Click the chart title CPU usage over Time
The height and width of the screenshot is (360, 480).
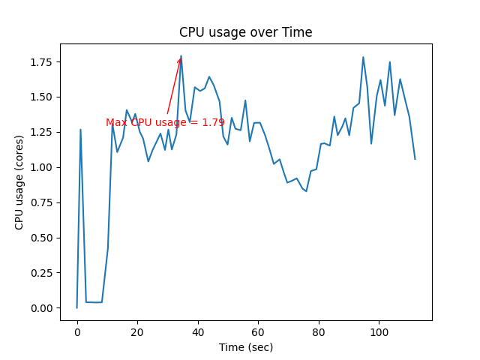[x=245, y=32]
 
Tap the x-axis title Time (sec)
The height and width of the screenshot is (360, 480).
[x=245, y=347]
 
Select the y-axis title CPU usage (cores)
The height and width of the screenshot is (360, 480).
[x=19, y=181]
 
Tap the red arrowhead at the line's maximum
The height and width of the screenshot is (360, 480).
[x=179, y=60]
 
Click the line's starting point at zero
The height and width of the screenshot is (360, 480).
[x=76, y=307]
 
